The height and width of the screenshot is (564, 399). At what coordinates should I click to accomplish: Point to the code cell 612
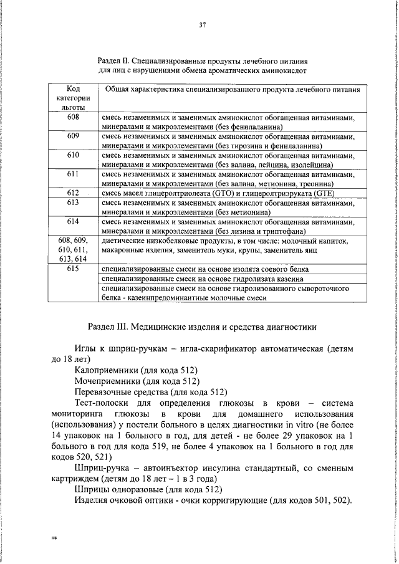(73, 193)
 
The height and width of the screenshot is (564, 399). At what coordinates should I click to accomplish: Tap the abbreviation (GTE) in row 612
(319, 193)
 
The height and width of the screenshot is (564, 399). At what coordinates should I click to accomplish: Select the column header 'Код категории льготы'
(73, 98)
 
